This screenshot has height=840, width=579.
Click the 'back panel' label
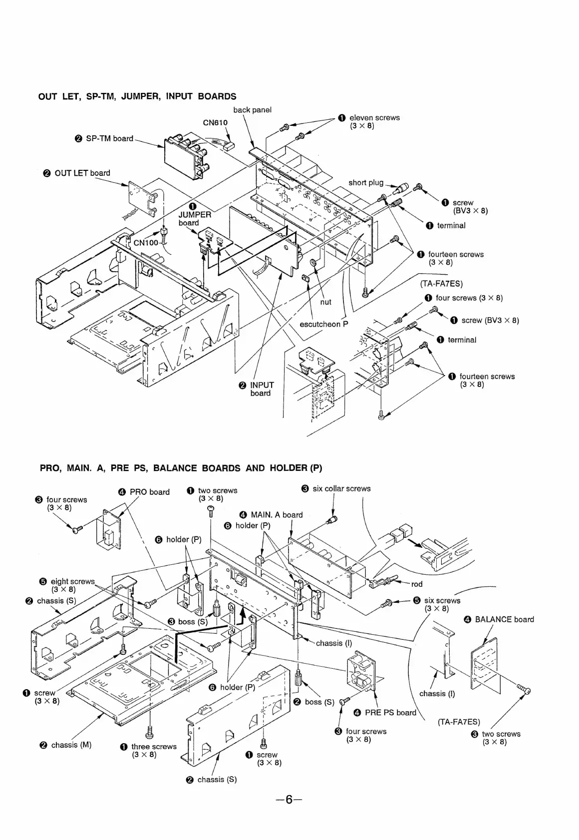click(x=252, y=110)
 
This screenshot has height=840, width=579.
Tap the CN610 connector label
click(x=215, y=123)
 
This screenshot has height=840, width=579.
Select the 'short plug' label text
click(x=366, y=183)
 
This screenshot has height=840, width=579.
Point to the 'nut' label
click(x=325, y=302)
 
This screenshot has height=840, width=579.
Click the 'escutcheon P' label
click(x=323, y=324)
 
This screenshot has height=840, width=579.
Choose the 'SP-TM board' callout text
click(x=109, y=138)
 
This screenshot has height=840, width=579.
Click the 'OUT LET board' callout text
click(x=82, y=173)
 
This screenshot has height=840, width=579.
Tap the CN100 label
click(x=146, y=243)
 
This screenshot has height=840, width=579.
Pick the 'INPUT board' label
click(x=262, y=389)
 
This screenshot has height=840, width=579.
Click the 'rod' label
click(x=417, y=584)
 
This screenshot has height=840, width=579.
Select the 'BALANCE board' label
click(x=504, y=619)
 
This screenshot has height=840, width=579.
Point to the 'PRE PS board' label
click(x=390, y=713)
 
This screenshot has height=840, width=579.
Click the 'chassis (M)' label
click(x=71, y=745)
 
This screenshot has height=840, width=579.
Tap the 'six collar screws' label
click(x=341, y=488)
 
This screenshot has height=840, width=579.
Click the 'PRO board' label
click(x=149, y=492)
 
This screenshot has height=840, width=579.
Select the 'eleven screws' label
click(x=374, y=118)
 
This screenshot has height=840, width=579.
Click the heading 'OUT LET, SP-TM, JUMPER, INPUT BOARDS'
click(x=137, y=96)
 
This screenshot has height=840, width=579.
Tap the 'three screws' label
click(x=154, y=747)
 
